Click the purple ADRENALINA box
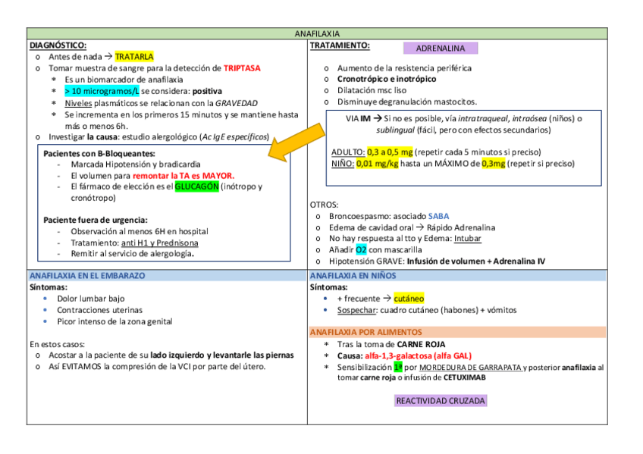click(x=441, y=48)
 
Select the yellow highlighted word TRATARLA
click(x=134, y=57)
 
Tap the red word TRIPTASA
click(x=242, y=68)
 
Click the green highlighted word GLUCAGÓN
click(x=196, y=186)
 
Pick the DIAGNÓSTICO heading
click(x=57, y=45)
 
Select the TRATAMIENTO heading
click(x=340, y=45)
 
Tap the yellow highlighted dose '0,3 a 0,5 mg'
click(x=390, y=152)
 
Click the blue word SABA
click(x=438, y=216)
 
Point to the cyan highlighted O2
click(x=362, y=249)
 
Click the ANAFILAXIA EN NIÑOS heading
click(x=353, y=276)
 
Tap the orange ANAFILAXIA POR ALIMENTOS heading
click(x=366, y=332)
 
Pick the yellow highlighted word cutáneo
click(x=409, y=299)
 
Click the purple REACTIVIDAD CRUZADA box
click(x=441, y=400)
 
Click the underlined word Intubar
click(x=468, y=238)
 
